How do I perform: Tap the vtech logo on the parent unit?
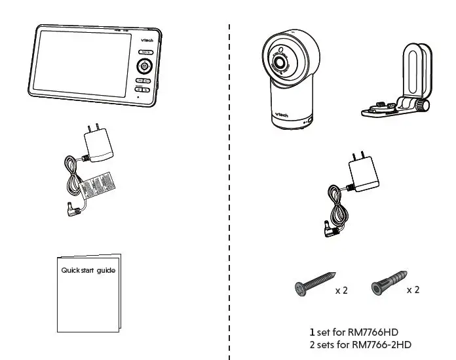(x=147, y=39)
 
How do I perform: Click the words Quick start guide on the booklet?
(x=88, y=270)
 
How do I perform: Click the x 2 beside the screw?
(x=341, y=290)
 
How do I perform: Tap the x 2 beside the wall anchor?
(x=412, y=289)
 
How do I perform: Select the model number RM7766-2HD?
(x=381, y=344)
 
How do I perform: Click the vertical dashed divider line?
(x=229, y=197)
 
